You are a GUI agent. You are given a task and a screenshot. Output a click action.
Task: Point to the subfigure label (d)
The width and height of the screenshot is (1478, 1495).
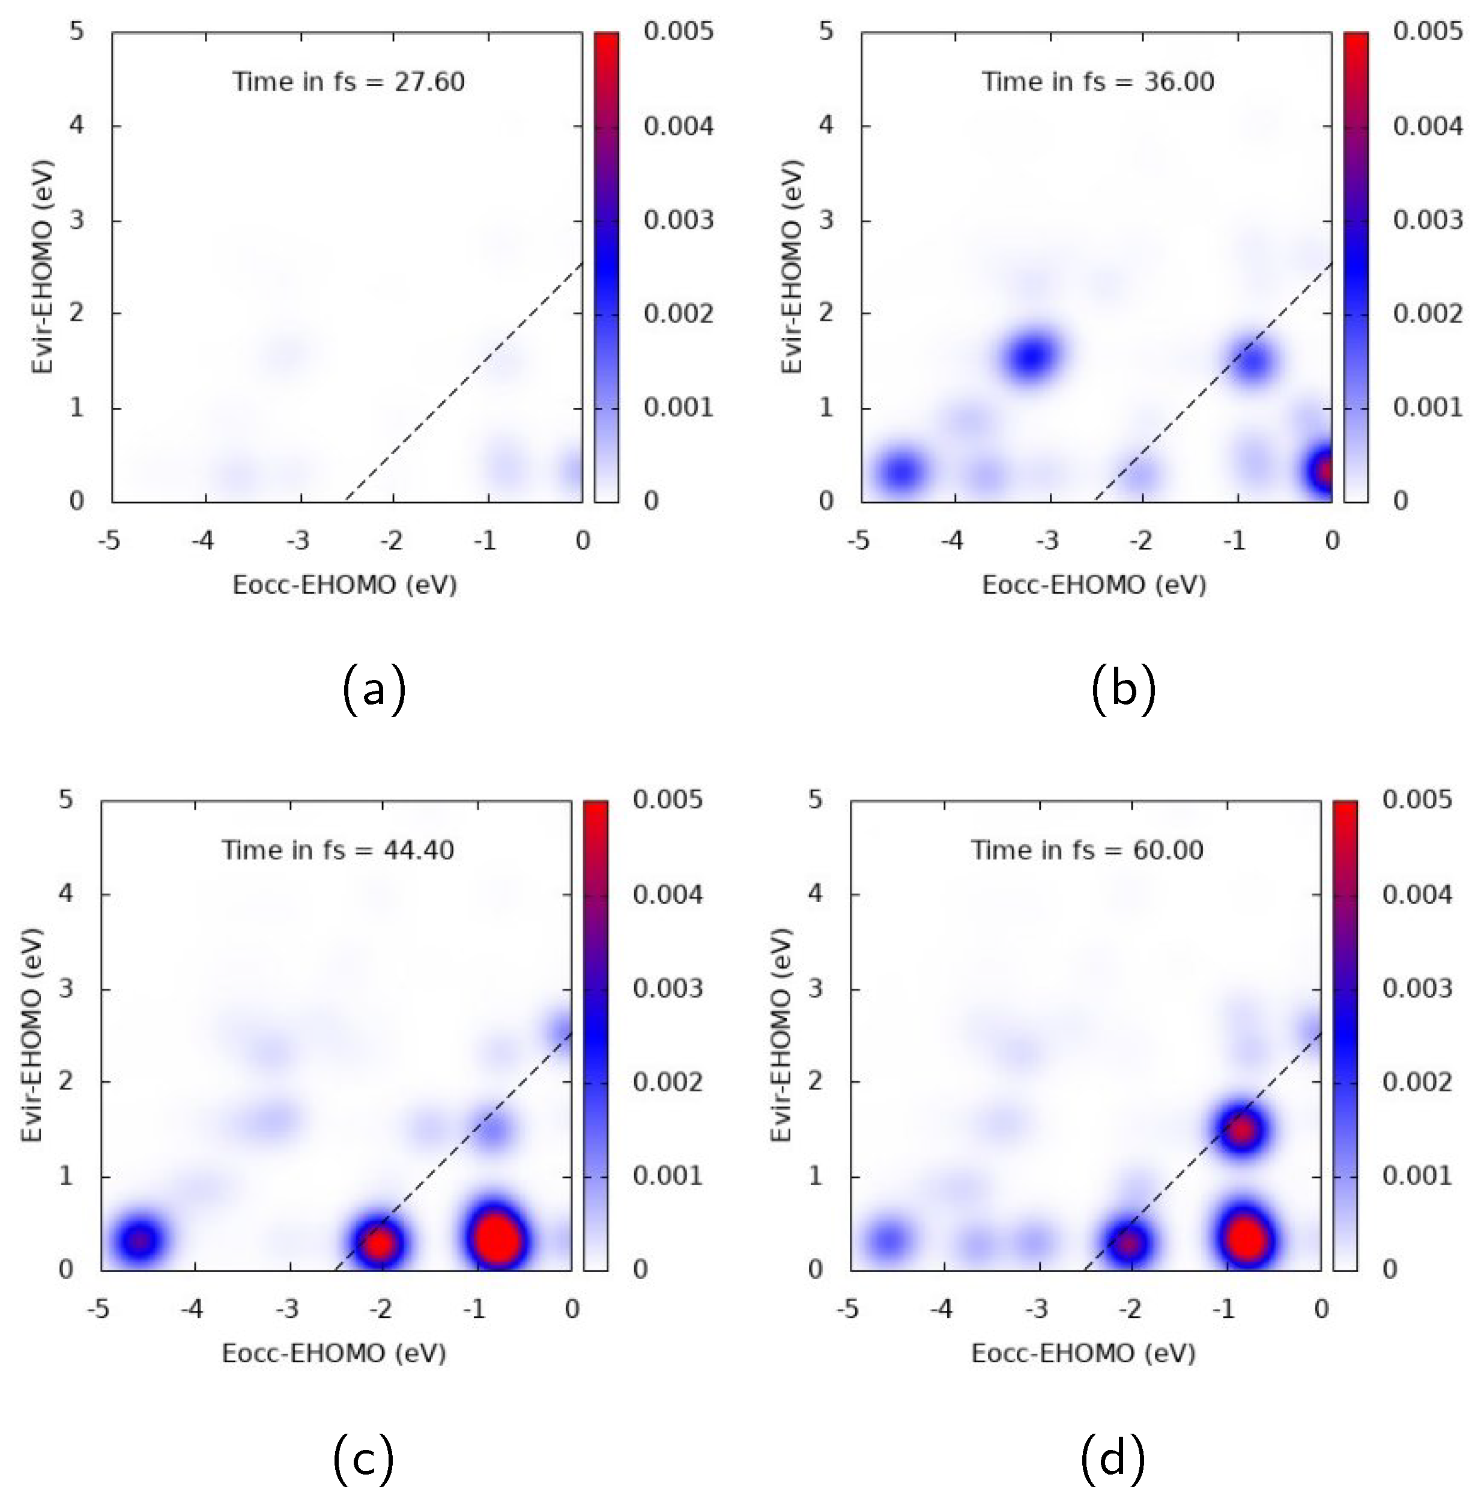pyautogui.click(x=1112, y=1458)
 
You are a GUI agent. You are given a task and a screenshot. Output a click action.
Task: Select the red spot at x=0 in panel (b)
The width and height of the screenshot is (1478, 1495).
pyautogui.click(x=1325, y=470)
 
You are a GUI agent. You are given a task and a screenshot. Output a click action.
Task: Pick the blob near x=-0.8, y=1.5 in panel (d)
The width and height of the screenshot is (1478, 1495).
pyautogui.click(x=1242, y=1130)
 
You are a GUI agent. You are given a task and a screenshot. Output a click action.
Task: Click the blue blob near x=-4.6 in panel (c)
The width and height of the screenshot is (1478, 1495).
pyautogui.click(x=139, y=1240)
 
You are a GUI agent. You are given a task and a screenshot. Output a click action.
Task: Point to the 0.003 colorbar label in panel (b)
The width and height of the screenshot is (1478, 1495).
pyautogui.click(x=1428, y=220)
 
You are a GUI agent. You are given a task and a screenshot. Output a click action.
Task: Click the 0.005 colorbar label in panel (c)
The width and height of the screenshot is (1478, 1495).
pyautogui.click(x=667, y=799)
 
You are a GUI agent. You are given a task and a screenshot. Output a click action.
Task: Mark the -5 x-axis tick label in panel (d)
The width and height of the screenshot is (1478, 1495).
pyautogui.click(x=847, y=1309)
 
